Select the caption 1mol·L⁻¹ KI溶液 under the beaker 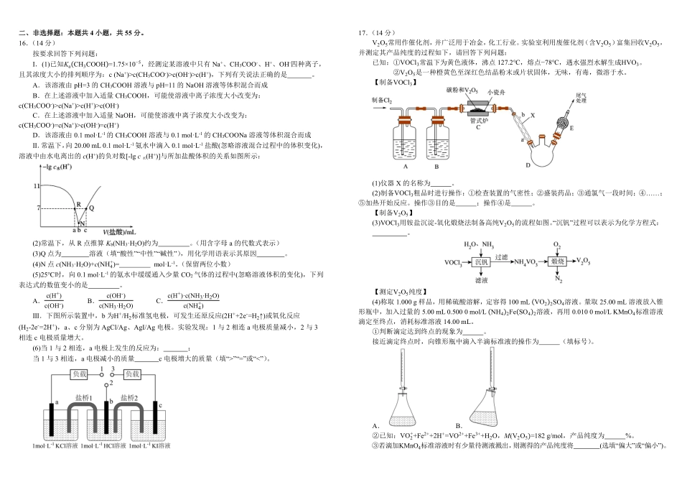pyautogui.click(x=152, y=447)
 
